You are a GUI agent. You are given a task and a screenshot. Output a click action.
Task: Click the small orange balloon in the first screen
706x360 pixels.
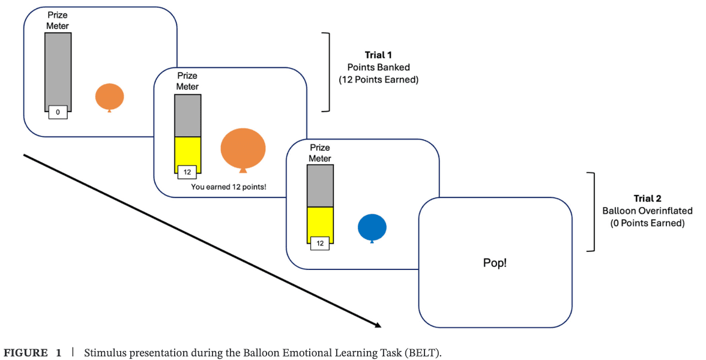pos(109,97)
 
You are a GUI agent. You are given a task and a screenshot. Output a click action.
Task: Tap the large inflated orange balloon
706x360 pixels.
pos(243,148)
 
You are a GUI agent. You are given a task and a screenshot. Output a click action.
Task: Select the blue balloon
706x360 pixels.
pos(372,227)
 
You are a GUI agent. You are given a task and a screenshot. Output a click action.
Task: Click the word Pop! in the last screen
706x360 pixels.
pos(495,263)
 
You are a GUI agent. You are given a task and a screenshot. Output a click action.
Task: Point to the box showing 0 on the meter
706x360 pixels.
pos(58,112)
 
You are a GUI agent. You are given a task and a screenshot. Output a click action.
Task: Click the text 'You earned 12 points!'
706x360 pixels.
pos(229,187)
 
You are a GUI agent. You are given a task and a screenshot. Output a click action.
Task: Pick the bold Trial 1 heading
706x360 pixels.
pos(378,55)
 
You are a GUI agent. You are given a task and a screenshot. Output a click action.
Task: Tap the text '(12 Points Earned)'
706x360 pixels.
pos(378,79)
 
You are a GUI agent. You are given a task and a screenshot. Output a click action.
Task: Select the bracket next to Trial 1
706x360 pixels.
pos(327,72)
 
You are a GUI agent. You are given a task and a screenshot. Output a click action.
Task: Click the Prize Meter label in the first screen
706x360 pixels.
pos(58,20)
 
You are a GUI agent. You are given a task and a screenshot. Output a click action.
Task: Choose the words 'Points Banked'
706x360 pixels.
pos(378,67)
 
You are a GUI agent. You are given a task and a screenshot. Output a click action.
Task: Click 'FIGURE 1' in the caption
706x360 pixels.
pos(33,353)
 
